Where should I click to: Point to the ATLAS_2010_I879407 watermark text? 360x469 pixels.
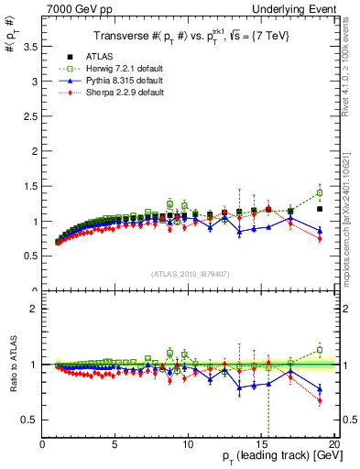tap(190, 274)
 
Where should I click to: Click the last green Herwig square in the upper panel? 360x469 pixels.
tap(320, 193)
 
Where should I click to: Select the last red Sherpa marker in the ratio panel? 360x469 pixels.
tap(320, 400)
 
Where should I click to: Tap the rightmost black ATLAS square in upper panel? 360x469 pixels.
tap(320, 209)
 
